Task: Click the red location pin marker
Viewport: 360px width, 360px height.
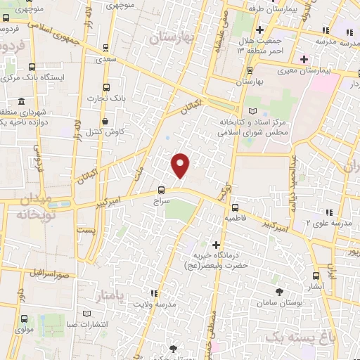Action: point(181,165)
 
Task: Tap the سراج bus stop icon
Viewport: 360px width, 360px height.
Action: point(162,189)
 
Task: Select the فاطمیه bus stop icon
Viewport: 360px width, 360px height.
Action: point(235,207)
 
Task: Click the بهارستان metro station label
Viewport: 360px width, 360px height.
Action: point(250,82)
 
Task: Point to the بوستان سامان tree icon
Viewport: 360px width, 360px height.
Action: point(280,291)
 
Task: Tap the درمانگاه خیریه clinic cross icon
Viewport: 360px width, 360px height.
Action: point(216,244)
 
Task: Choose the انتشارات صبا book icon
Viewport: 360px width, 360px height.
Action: point(86,313)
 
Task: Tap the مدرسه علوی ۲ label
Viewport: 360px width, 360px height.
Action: point(328,222)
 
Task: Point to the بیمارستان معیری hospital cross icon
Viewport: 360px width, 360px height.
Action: point(304,58)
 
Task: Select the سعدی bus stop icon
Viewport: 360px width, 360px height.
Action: point(106,49)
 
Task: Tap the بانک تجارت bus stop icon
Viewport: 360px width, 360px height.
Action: point(106,87)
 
